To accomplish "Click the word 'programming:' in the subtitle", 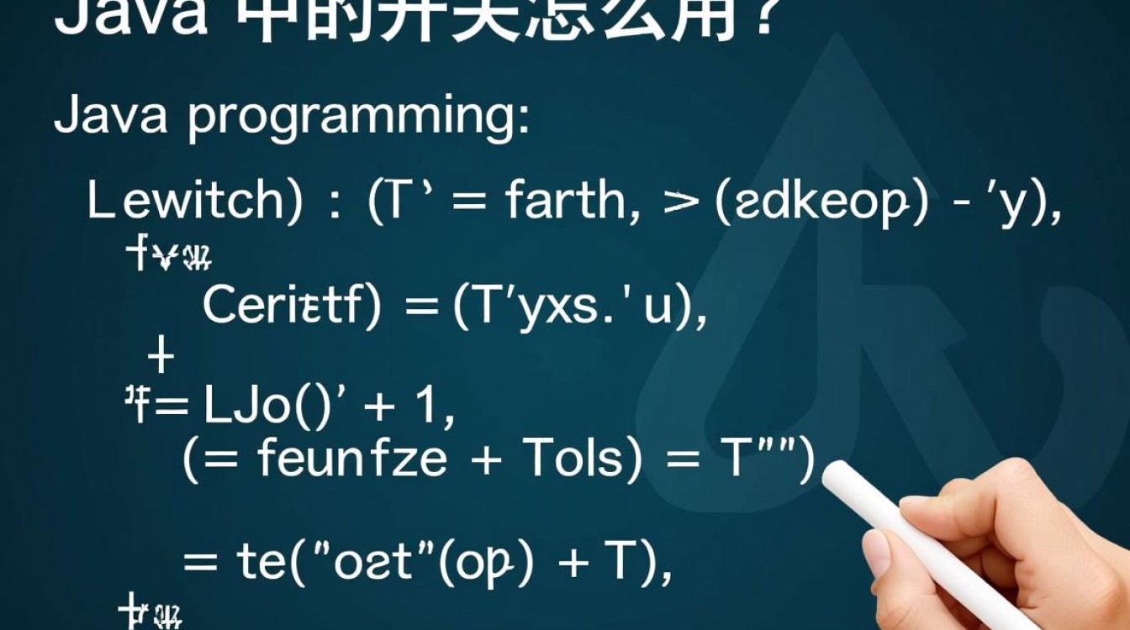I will [x=359, y=118].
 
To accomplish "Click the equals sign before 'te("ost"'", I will [x=200, y=562].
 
